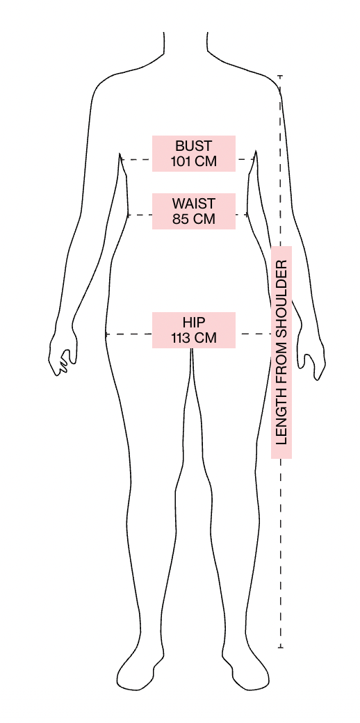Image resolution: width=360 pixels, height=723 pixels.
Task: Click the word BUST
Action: pyautogui.click(x=194, y=146)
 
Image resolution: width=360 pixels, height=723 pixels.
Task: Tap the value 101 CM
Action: pyautogui.click(x=194, y=162)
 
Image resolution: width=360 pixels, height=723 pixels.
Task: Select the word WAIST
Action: pyautogui.click(x=194, y=203)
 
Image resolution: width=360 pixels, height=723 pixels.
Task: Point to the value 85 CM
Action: pyautogui.click(x=194, y=219)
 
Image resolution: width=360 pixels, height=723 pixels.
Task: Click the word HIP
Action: pyautogui.click(x=194, y=323)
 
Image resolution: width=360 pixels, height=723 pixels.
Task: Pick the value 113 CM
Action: pyautogui.click(x=194, y=338)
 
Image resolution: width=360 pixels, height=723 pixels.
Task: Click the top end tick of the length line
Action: pyautogui.click(x=280, y=76)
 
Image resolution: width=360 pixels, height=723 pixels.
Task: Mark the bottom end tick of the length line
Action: pyautogui.click(x=280, y=647)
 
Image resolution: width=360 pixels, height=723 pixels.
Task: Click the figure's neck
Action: pyautogui.click(x=186, y=46)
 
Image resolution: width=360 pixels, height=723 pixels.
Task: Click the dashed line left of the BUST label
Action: pyautogui.click(x=136, y=159)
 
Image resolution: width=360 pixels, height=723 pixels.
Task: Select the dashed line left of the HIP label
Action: pyautogui.click(x=129, y=334)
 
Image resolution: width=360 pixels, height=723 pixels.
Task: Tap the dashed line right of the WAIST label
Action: pyautogui.click(x=242, y=215)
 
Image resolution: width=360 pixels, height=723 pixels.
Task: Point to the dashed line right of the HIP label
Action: pyautogui.click(x=254, y=334)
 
